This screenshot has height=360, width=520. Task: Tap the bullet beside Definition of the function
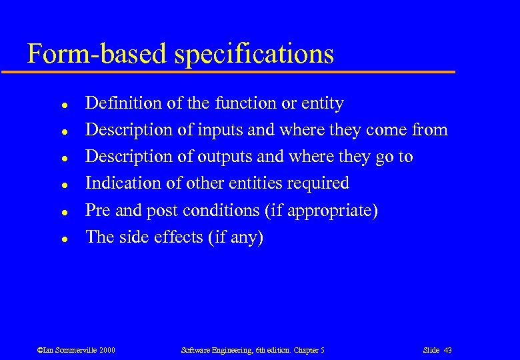click(x=62, y=105)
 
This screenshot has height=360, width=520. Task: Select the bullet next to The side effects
click(x=62, y=238)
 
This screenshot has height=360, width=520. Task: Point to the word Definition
click(x=124, y=103)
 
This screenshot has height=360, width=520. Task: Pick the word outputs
click(x=221, y=157)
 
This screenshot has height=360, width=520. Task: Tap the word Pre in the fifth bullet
click(x=98, y=211)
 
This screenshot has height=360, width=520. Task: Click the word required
click(x=318, y=184)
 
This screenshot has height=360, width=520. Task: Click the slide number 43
click(x=447, y=350)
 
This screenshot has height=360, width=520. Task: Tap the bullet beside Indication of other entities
click(x=62, y=185)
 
